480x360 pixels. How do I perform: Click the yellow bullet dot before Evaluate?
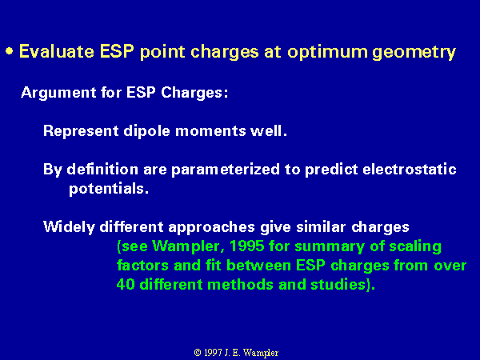(10, 51)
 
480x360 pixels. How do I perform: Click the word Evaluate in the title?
(56, 51)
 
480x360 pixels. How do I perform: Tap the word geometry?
(414, 52)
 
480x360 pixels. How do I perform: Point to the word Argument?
(58, 93)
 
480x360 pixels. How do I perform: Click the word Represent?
(81, 131)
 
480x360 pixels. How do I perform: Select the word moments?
(210, 132)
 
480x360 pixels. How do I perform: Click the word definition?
(102, 169)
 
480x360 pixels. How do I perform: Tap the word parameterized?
(226, 170)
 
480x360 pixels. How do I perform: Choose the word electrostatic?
(410, 169)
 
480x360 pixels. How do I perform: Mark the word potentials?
(109, 189)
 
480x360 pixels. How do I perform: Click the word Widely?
(69, 227)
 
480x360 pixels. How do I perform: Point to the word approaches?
(211, 228)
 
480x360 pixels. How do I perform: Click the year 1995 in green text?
(246, 246)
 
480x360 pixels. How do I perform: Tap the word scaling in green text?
(415, 247)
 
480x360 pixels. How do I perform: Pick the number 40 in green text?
(126, 284)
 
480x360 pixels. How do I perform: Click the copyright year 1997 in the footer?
(213, 353)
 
